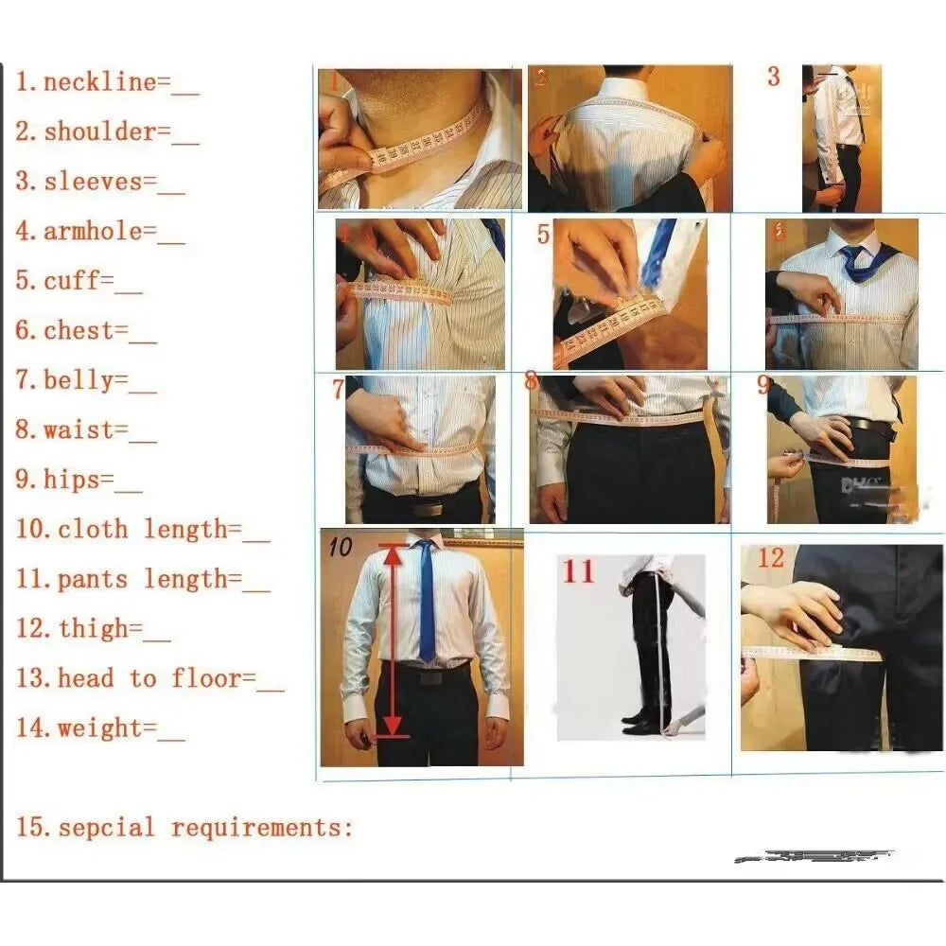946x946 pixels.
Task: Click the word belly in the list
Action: point(84,380)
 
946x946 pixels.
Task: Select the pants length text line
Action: point(142,579)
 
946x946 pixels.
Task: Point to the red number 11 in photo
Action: point(578,572)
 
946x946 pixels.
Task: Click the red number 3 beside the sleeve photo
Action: point(773,78)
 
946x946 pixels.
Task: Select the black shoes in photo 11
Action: point(644,724)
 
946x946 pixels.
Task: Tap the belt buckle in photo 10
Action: point(429,677)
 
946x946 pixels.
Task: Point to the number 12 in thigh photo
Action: point(770,558)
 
